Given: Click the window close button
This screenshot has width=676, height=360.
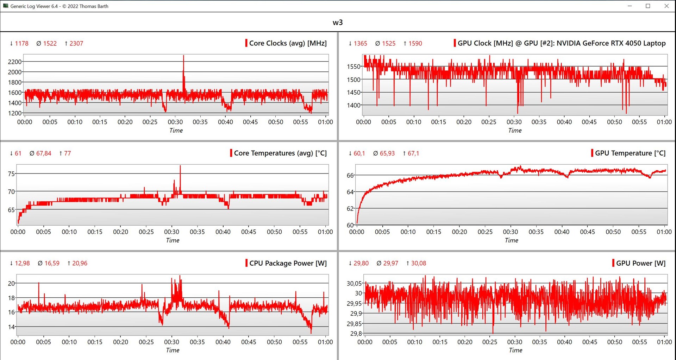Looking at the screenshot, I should pos(666,6).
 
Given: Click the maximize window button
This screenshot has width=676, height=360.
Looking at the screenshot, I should pos(648,6).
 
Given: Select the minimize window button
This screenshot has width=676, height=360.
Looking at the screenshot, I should pos(630,6).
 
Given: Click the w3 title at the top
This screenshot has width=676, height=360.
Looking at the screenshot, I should pos(338,23).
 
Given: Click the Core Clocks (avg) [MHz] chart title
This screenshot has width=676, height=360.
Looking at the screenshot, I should pos(288,43).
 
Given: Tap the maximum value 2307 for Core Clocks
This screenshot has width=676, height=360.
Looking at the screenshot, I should pos(76,44).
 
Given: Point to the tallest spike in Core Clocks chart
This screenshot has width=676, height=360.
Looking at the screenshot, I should pos(183,57).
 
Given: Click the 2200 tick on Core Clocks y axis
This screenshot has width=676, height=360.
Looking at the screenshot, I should pos(15,62).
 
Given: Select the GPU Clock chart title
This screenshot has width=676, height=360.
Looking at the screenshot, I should pos(561,43).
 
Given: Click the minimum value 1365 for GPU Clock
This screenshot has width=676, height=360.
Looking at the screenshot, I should pos(360,44).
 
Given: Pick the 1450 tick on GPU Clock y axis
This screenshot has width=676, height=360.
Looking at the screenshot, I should pos(353,93).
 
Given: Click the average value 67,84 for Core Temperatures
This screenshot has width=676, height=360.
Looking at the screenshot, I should pos(44,153).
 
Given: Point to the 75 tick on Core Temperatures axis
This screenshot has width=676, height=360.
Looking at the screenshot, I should pos(11,174).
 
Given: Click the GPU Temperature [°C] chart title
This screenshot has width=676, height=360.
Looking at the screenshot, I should pos(630,153).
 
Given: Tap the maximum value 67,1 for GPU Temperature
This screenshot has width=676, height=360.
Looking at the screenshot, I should pos(413,153).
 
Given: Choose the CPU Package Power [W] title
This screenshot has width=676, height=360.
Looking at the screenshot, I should pos(288,263).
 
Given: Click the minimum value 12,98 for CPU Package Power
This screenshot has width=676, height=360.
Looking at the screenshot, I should pos(22,263).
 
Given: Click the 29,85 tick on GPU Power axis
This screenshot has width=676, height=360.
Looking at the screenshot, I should pos(354,324).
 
